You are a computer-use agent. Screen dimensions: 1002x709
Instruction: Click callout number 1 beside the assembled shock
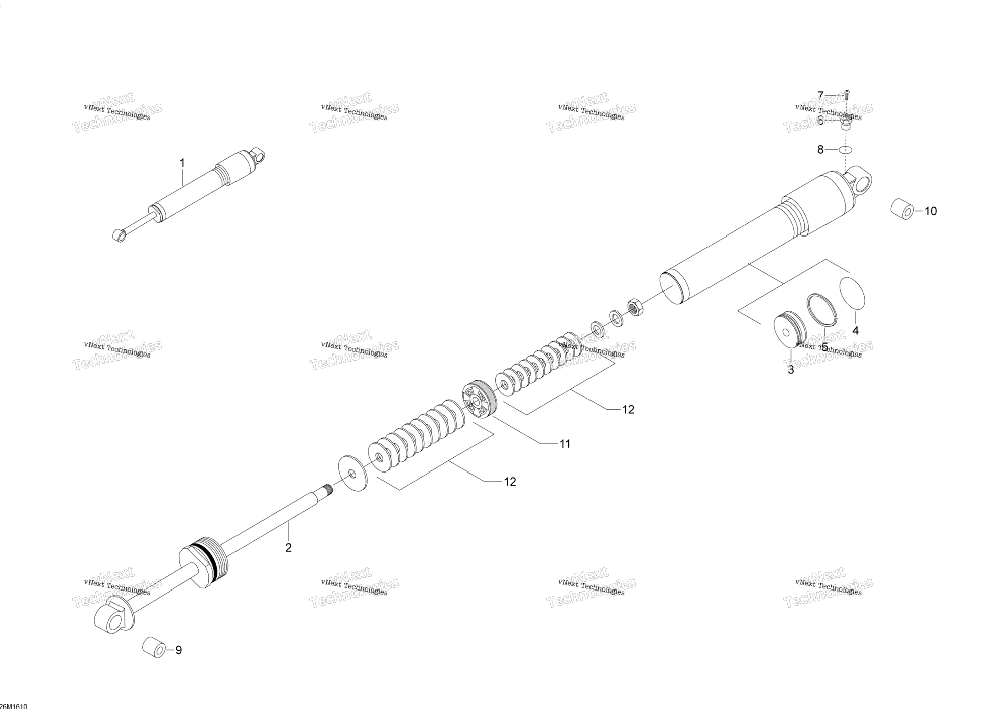click(182, 163)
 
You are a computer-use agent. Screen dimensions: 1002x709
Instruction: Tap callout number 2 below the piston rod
click(288, 547)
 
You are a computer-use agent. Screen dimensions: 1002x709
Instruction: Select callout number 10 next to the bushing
click(931, 211)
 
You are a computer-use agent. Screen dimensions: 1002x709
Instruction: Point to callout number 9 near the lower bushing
click(179, 650)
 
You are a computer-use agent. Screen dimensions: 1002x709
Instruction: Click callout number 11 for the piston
click(565, 444)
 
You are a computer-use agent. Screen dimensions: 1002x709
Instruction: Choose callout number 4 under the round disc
click(855, 330)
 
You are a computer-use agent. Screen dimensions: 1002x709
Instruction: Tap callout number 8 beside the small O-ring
click(820, 149)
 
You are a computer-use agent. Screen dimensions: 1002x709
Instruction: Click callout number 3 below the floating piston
click(791, 370)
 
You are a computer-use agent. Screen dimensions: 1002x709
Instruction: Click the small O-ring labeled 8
click(845, 150)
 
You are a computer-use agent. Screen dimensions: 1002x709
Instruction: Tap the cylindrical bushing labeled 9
click(154, 647)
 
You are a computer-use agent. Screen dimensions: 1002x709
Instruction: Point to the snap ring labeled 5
click(822, 308)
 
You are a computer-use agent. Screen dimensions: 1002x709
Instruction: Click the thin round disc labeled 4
click(853, 293)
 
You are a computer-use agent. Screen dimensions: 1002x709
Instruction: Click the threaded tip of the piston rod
click(327, 489)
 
